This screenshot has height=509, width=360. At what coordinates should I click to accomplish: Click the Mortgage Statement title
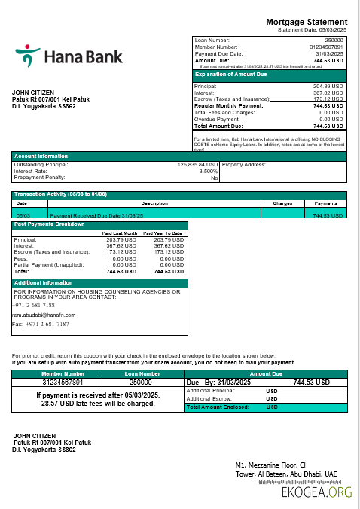click(x=307, y=22)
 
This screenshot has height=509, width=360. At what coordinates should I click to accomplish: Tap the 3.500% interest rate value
click(x=209, y=171)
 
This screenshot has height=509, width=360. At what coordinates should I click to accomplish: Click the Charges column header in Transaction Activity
click(x=282, y=203)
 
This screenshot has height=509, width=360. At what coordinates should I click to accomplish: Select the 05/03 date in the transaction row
click(x=22, y=215)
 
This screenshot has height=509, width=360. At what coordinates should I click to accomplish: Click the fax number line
click(x=45, y=324)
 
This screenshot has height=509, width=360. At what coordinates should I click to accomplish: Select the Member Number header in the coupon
click(x=63, y=373)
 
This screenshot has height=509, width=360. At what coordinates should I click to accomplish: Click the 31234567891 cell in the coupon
click(x=63, y=383)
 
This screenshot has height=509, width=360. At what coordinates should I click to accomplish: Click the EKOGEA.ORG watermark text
click(x=316, y=492)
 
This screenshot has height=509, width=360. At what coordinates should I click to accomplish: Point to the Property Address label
click(x=244, y=164)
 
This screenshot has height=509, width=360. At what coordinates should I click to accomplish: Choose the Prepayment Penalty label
click(x=38, y=178)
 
